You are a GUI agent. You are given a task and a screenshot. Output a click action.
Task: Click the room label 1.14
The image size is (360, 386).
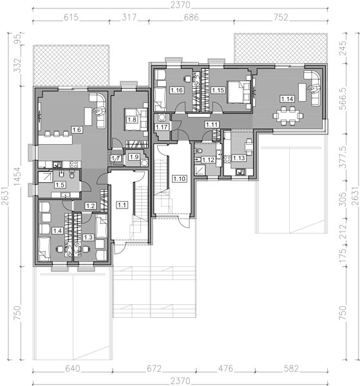click(x=287, y=99)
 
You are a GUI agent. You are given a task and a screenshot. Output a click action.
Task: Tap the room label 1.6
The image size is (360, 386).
click(x=77, y=129)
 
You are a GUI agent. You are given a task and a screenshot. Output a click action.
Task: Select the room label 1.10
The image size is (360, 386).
click(x=179, y=178)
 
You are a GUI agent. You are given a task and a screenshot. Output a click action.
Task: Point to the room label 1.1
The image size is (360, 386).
click(x=122, y=205)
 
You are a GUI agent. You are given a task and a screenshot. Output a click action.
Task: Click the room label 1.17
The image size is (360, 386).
click(x=162, y=127)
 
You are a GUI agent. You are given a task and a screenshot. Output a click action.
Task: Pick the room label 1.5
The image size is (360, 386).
click(x=60, y=185)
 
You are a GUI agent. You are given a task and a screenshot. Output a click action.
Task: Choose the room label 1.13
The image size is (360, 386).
click(x=239, y=158)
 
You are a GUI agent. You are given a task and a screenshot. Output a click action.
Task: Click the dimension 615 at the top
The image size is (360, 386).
click(x=71, y=17)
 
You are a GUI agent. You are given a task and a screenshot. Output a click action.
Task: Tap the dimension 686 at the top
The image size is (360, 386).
click(x=191, y=17)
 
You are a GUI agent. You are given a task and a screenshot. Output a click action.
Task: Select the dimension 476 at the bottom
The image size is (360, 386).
click(x=225, y=369)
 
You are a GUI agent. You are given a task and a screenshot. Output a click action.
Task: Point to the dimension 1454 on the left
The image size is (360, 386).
click(x=17, y=177)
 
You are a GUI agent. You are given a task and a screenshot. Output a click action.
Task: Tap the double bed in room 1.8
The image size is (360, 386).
click(x=136, y=120)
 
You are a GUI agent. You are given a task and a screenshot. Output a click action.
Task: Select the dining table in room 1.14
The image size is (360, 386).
click(x=288, y=115)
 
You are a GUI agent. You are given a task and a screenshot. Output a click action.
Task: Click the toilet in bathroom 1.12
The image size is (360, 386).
click(x=198, y=151)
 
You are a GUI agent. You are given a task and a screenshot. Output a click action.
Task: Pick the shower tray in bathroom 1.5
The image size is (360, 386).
click(x=46, y=177)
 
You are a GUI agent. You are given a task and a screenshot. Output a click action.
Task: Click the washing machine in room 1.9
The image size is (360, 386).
click(x=144, y=163)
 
